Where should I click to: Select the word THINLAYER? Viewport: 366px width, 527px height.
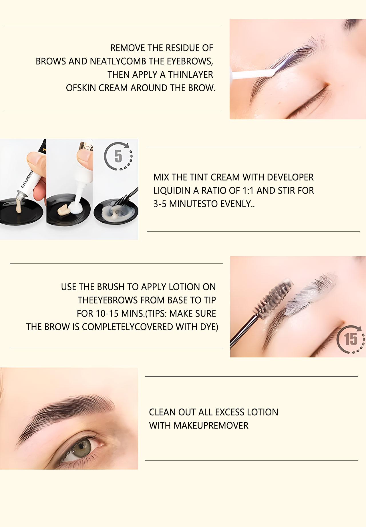coord(190,75)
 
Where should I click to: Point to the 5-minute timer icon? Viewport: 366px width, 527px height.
coord(118,156)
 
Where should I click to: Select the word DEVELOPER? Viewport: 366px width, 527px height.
coord(290,177)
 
